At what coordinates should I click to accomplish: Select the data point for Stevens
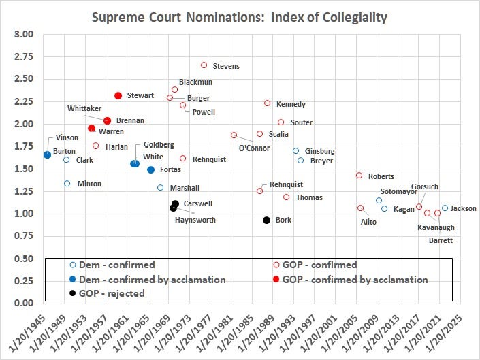(204, 65)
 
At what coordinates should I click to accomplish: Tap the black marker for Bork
(267, 220)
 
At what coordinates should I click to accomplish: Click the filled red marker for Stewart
(118, 96)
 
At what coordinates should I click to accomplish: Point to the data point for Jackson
(445, 208)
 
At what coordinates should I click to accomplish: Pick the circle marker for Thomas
(286, 197)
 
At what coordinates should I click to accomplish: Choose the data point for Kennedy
(267, 103)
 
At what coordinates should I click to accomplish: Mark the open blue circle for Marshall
(161, 188)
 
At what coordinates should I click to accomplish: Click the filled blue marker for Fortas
(151, 169)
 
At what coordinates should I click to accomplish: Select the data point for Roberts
(359, 176)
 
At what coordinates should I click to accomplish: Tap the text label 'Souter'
(301, 122)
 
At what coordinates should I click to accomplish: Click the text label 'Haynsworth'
(194, 220)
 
